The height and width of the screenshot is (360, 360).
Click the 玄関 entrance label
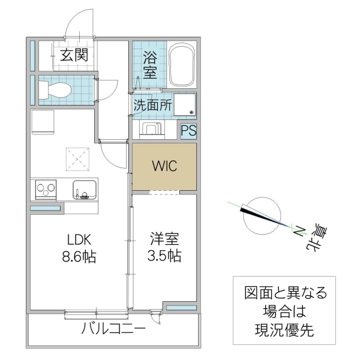[74, 55]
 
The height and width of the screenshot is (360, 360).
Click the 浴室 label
[150, 65]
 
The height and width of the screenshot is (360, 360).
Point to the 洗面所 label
[152, 104]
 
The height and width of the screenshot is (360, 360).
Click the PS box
[188, 131]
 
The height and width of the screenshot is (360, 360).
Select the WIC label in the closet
[164, 166]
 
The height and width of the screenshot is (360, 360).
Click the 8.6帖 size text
[79, 256]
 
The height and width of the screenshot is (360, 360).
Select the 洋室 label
[163, 238]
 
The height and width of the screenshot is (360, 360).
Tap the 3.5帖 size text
[163, 256]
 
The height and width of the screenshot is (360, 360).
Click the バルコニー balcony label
[113, 329]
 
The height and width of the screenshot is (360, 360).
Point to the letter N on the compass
[298, 228]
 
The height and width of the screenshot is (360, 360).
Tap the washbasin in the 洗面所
[185, 104]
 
